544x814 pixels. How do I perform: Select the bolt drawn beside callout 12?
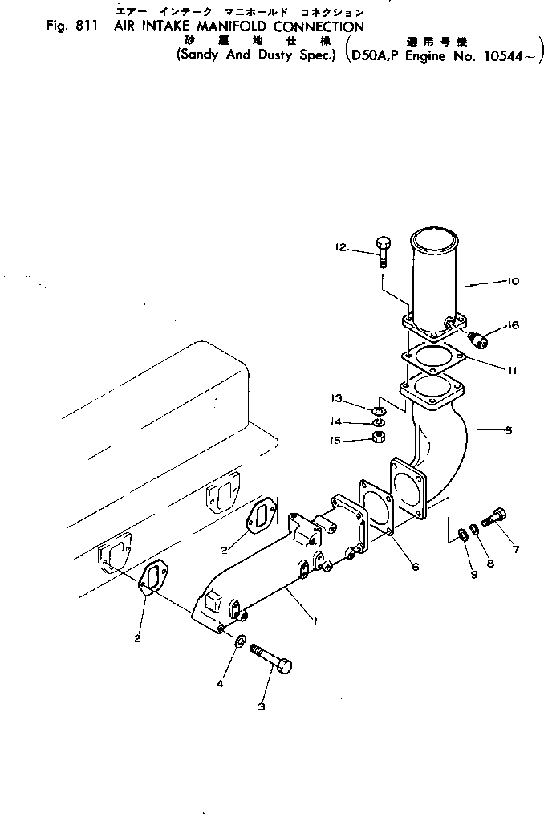coord(382,250)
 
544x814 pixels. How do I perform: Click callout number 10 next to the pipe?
coord(513,281)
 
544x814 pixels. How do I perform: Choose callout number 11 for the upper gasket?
coord(512,370)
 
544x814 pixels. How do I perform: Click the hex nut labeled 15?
coord(379,438)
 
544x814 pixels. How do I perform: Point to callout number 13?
coord(337,397)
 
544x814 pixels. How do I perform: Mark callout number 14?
coord(337,421)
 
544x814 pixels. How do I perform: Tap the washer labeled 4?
coord(240,641)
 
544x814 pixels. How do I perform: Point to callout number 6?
coord(415,566)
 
